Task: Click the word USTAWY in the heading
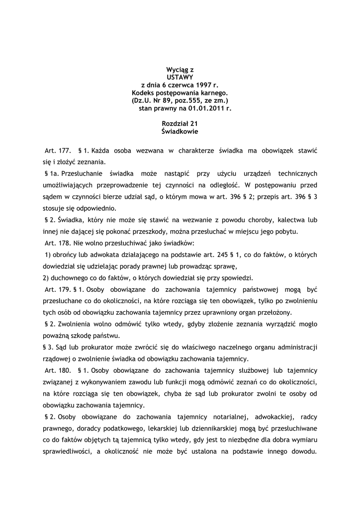[x=180, y=78]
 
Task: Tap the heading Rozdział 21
[x=180, y=124]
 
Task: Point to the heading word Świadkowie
[x=180, y=132]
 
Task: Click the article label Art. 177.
[x=57, y=150]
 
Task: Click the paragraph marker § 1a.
[x=52, y=173]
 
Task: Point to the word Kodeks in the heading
[x=143, y=92]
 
